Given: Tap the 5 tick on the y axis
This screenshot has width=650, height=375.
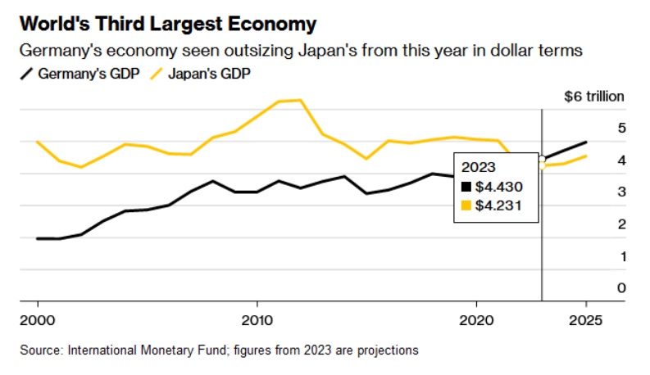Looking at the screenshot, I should pyautogui.click(x=621, y=129).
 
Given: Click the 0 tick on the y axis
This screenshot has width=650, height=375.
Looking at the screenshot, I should pyautogui.click(x=621, y=288).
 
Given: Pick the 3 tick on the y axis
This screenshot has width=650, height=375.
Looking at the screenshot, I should pyautogui.click(x=621, y=192).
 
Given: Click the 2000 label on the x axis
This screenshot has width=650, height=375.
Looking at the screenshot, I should pyautogui.click(x=39, y=319).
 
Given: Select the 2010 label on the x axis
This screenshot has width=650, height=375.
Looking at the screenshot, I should pyautogui.click(x=257, y=319).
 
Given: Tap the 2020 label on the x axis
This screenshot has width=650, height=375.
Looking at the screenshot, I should pyautogui.click(x=477, y=319).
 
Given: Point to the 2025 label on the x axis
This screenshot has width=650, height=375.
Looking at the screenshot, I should pyautogui.click(x=587, y=319).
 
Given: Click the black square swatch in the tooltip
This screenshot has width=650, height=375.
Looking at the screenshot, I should pyautogui.click(x=466, y=187).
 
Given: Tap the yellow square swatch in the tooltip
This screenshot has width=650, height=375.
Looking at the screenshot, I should pyautogui.click(x=466, y=206).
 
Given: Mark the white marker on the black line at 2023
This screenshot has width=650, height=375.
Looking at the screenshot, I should pyautogui.click(x=542, y=159).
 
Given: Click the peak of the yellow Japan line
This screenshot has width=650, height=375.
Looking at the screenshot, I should pyautogui.click(x=300, y=100).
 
